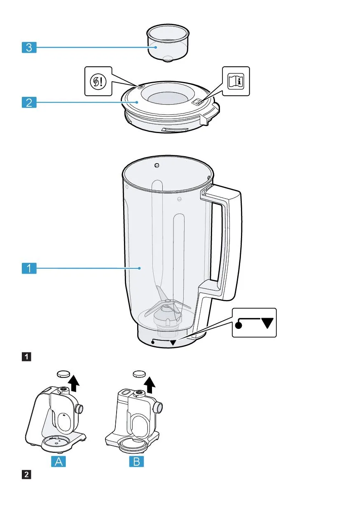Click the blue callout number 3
point(29,47)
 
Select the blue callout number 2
point(29,102)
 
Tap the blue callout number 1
point(29,268)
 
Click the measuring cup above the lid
point(168,43)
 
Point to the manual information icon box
point(236,81)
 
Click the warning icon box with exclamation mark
point(98,81)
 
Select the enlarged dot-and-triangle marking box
point(254,323)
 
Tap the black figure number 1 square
point(26,357)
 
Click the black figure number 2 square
point(26,474)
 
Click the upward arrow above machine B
point(150,385)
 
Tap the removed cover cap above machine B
point(139,374)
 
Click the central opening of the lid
point(168,98)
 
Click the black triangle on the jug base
point(173,342)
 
